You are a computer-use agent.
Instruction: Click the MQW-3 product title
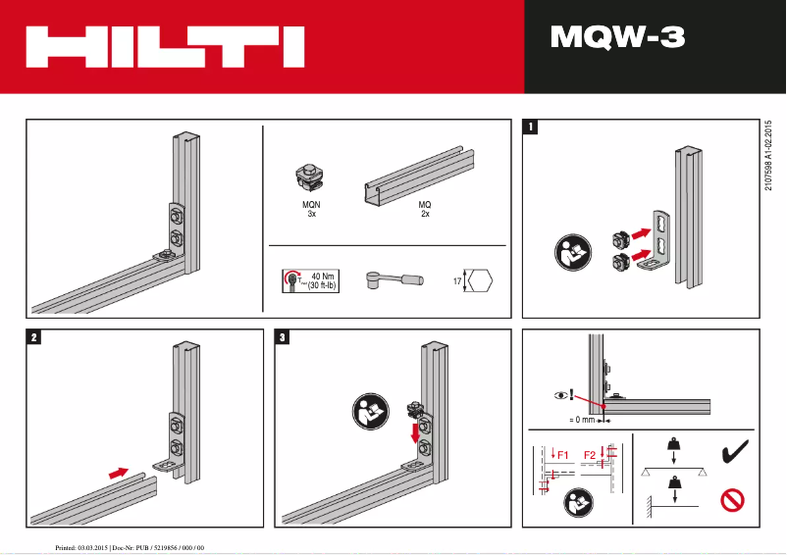617,38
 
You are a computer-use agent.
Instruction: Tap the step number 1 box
531,126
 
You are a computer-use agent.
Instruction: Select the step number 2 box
34,337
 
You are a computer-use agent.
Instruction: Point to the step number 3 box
284,337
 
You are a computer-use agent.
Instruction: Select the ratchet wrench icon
392,280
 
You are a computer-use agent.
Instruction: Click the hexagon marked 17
478,281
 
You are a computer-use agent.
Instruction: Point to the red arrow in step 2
118,472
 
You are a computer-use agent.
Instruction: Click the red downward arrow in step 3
414,432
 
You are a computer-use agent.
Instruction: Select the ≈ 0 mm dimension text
583,419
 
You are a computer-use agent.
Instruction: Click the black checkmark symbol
733,453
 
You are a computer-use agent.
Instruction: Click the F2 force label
590,455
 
